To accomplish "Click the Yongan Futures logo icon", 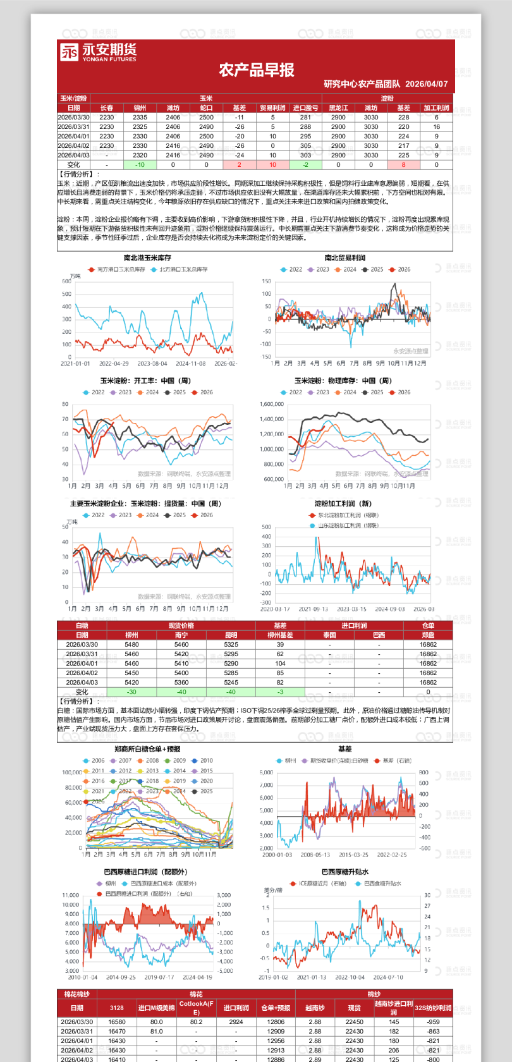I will pos(70,52).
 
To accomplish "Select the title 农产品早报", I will pos(257,70).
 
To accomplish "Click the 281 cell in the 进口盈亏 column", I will pos(305,117).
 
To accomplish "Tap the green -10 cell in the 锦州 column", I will pos(140,164).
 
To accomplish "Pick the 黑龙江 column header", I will pos(338,108).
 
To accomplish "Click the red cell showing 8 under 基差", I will pos(403,164).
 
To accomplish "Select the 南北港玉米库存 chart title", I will pos(147,258).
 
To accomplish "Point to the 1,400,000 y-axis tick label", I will pos(271,419).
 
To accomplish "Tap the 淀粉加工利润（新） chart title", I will pos(343,504).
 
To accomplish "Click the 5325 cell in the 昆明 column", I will pos(231,645).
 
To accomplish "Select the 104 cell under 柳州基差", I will pos(279,664).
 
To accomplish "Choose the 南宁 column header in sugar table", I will pos(181,635).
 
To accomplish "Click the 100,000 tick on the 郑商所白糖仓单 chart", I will pos(71,772).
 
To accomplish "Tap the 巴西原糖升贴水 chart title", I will pos(344,872).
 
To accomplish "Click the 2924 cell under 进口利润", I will pos(236,1022).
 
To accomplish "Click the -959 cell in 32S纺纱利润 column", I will pos(433,1022).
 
